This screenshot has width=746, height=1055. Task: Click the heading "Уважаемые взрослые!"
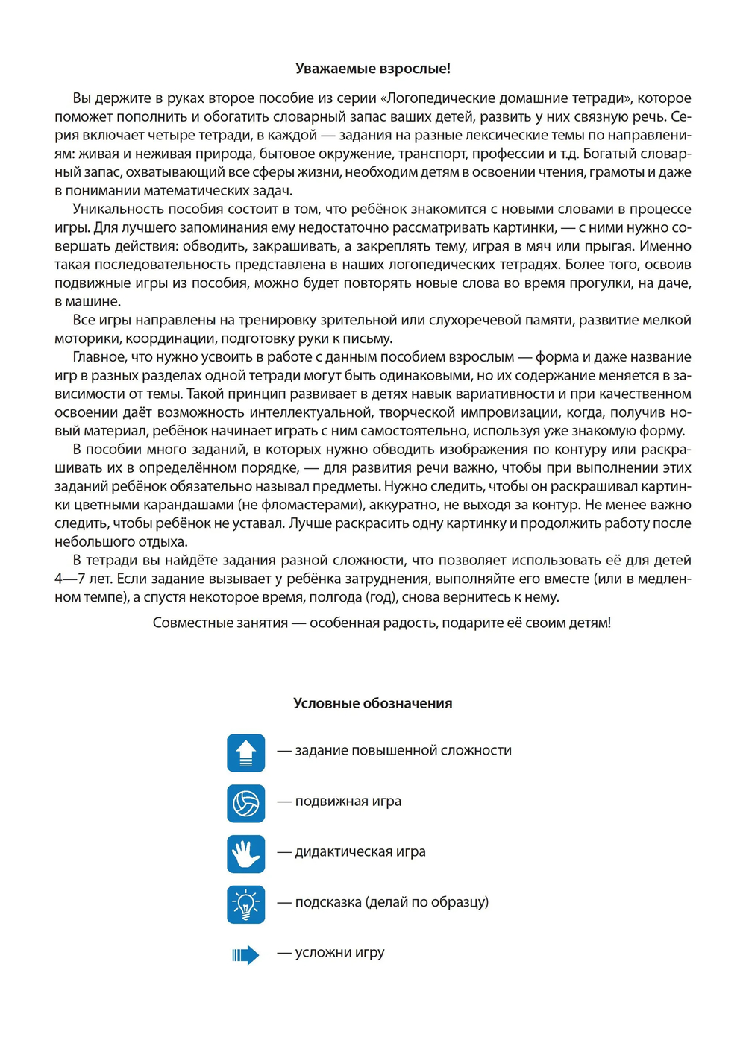pos(373,69)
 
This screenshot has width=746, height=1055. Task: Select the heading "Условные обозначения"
pos(373,703)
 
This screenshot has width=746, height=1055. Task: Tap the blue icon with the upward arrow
pos(246,753)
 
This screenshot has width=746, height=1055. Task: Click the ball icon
pos(246,803)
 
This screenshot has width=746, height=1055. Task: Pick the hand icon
pos(246,854)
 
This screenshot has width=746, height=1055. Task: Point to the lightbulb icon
pos(246,904)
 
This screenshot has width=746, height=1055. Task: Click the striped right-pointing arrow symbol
pos(245,954)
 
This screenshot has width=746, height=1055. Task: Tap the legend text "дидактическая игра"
pos(360,851)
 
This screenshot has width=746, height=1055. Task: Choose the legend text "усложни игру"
pos(340,952)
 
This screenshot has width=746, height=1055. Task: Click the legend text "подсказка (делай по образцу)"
pos(392,901)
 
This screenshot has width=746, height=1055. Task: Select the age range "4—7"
pos(69,579)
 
